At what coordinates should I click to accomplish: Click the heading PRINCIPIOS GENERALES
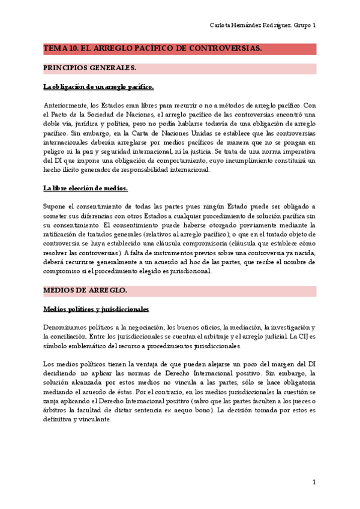[x=90, y=68]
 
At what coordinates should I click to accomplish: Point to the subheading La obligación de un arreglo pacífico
[x=98, y=86]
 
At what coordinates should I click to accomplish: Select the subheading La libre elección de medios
[x=85, y=188]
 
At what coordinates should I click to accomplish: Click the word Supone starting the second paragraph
[x=55, y=207]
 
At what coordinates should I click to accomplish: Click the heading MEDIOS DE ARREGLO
[x=85, y=290]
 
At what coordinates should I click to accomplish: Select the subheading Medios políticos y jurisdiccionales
[x=96, y=309]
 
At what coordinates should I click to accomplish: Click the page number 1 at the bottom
[x=314, y=482]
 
